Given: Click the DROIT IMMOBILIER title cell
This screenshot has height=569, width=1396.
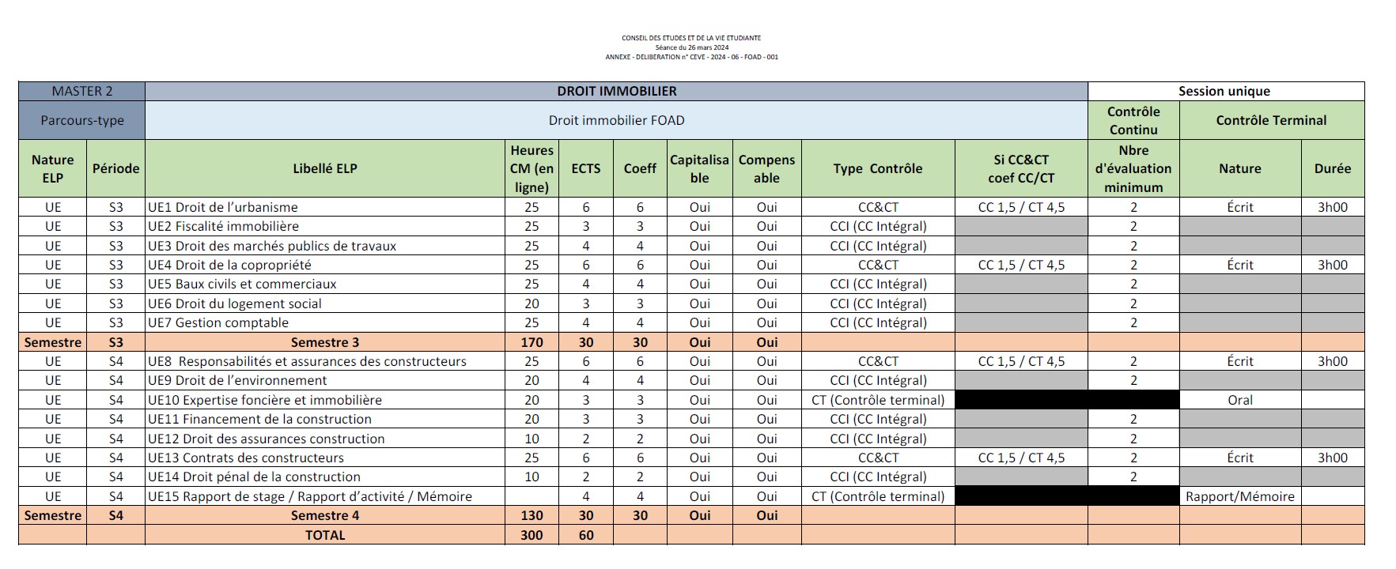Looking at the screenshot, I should click(x=616, y=91).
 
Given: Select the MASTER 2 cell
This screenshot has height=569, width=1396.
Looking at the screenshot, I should click(x=81, y=91).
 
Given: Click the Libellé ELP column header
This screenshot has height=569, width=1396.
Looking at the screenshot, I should click(x=324, y=168).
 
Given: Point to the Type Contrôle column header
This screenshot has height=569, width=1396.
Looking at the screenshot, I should click(x=877, y=168).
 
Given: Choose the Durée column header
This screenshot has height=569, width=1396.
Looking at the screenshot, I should click(x=1332, y=168).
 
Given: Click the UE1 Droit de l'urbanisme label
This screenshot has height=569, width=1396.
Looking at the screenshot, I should click(x=223, y=207).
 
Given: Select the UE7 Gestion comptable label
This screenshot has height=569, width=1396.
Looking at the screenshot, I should click(x=218, y=322).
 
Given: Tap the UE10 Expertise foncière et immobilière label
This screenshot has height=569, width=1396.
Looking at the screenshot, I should click(x=265, y=400).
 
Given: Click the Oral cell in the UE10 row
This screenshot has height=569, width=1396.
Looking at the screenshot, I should click(x=1239, y=400).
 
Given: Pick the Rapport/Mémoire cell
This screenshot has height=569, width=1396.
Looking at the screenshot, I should click(x=1239, y=496).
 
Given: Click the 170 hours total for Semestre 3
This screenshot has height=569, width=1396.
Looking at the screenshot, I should click(x=532, y=342).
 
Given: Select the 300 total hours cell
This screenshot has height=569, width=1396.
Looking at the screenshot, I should click(x=532, y=535).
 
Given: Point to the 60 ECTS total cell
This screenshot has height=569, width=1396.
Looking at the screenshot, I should click(x=585, y=535).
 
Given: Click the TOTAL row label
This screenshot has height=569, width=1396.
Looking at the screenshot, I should click(x=324, y=535).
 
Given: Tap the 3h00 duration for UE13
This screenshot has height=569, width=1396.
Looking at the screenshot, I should click(x=1332, y=458).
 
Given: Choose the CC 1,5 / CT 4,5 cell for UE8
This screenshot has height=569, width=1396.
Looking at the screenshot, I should click(x=1021, y=361).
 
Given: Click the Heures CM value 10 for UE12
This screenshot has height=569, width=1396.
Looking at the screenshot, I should click(x=532, y=439).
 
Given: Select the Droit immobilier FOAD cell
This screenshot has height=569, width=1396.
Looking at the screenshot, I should click(x=616, y=120).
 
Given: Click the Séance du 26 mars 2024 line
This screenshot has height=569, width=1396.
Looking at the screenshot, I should click(x=691, y=47).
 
